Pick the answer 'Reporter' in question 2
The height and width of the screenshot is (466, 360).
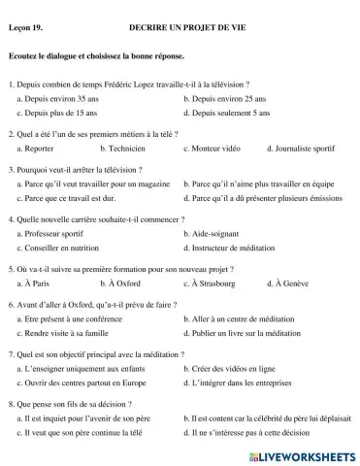(41, 149)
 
